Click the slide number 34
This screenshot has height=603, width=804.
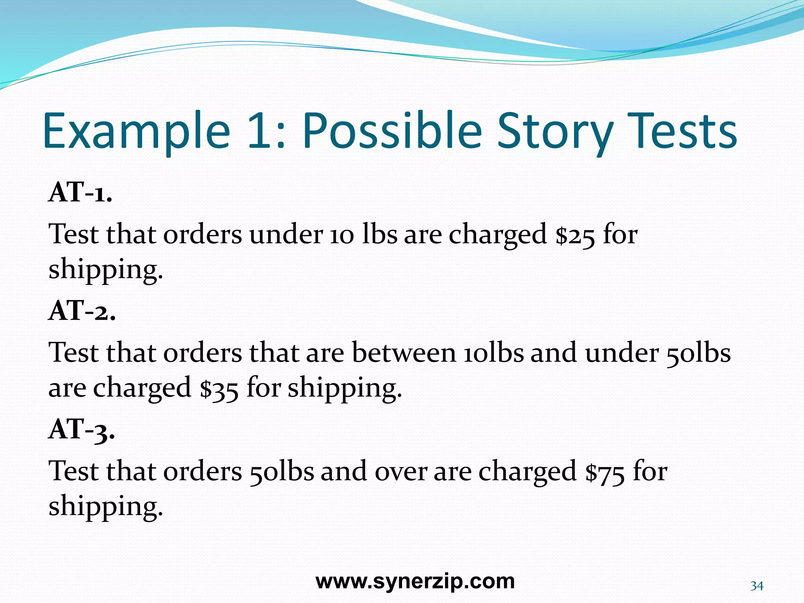pyautogui.click(x=756, y=586)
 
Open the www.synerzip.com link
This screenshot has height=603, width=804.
pyautogui.click(x=415, y=581)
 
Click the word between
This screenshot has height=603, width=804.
pyautogui.click(x=404, y=352)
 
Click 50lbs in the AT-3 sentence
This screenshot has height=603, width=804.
pyautogui.click(x=281, y=471)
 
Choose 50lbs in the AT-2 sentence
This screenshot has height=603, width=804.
pyautogui.click(x=698, y=352)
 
